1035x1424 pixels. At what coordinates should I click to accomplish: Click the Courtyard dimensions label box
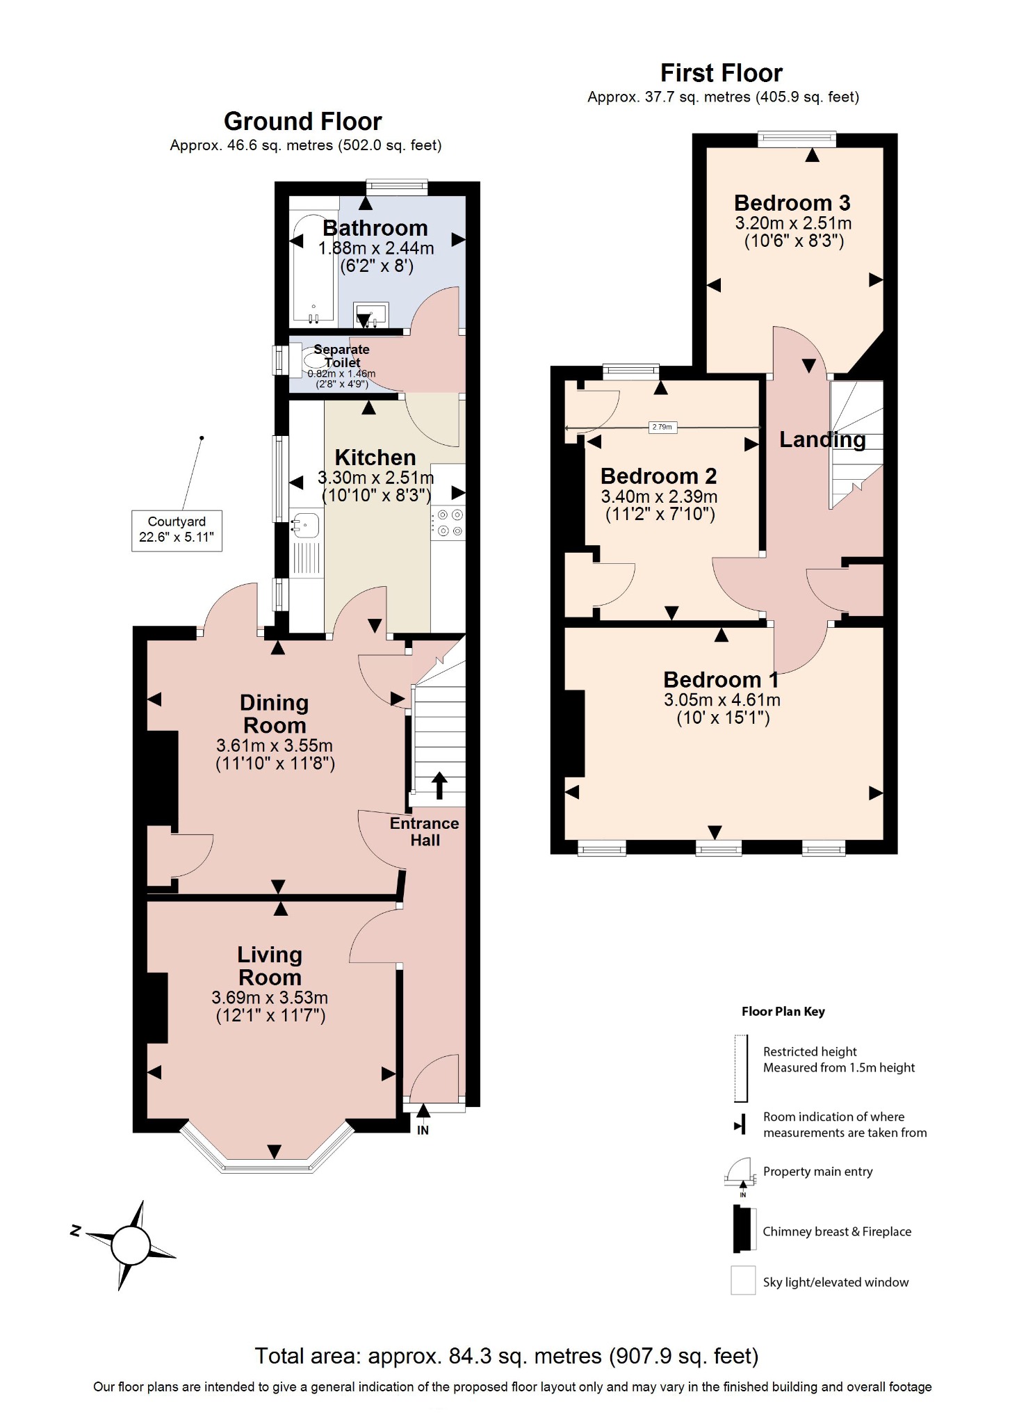click(x=177, y=530)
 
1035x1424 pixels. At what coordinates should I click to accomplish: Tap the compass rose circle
click(x=131, y=1245)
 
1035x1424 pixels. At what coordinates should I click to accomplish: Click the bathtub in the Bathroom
click(x=313, y=268)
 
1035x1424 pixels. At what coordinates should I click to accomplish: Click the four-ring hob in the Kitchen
click(x=448, y=523)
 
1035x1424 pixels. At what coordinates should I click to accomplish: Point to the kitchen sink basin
click(x=305, y=525)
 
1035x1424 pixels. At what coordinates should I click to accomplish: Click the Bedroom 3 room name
click(x=792, y=203)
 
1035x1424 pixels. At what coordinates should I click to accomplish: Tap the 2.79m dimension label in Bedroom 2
click(x=662, y=427)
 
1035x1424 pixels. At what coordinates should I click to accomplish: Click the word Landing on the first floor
click(x=822, y=439)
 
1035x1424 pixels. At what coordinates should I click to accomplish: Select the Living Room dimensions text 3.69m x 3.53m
click(x=270, y=998)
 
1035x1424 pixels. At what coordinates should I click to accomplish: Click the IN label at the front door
click(x=423, y=1130)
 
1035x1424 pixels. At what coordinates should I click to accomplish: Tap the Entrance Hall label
click(x=424, y=832)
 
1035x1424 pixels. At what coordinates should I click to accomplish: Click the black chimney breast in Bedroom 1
click(x=574, y=733)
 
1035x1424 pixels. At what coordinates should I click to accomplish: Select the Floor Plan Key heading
click(x=783, y=1012)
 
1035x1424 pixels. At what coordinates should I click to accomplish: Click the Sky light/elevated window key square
click(x=742, y=1281)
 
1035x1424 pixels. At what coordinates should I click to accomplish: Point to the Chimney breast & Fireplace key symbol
click(x=743, y=1229)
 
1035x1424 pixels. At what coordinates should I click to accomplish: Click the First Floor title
click(x=721, y=73)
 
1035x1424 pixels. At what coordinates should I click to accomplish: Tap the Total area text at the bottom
click(x=506, y=1356)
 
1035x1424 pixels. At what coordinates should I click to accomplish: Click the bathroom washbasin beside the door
click(x=370, y=314)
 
